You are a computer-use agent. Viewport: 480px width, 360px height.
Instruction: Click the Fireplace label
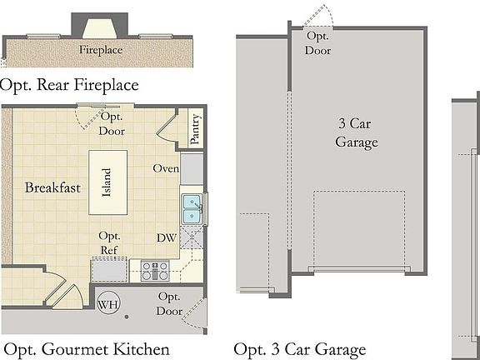pos(101,50)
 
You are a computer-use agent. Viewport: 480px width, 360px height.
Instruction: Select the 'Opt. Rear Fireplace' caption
pos(70,84)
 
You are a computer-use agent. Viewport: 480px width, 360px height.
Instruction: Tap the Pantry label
pos(196,130)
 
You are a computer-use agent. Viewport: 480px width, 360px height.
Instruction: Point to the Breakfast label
pos(52,187)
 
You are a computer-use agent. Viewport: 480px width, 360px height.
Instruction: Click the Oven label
pos(167,168)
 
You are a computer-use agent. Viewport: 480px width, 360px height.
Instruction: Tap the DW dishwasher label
pos(167,237)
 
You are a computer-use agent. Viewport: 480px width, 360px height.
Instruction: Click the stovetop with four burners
pos(155,270)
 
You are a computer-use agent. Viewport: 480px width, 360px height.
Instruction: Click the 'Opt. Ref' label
pos(110,242)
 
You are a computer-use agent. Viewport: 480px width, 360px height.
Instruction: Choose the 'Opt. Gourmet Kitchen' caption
pos(87,348)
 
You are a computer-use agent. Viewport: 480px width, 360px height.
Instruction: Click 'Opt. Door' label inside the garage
pos(318,43)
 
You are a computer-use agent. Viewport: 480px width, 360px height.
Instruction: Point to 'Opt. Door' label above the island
pos(112,124)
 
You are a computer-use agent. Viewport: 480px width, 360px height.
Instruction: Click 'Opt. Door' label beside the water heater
pos(169,303)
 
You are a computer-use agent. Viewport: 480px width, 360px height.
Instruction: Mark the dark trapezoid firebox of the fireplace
pos(101,27)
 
